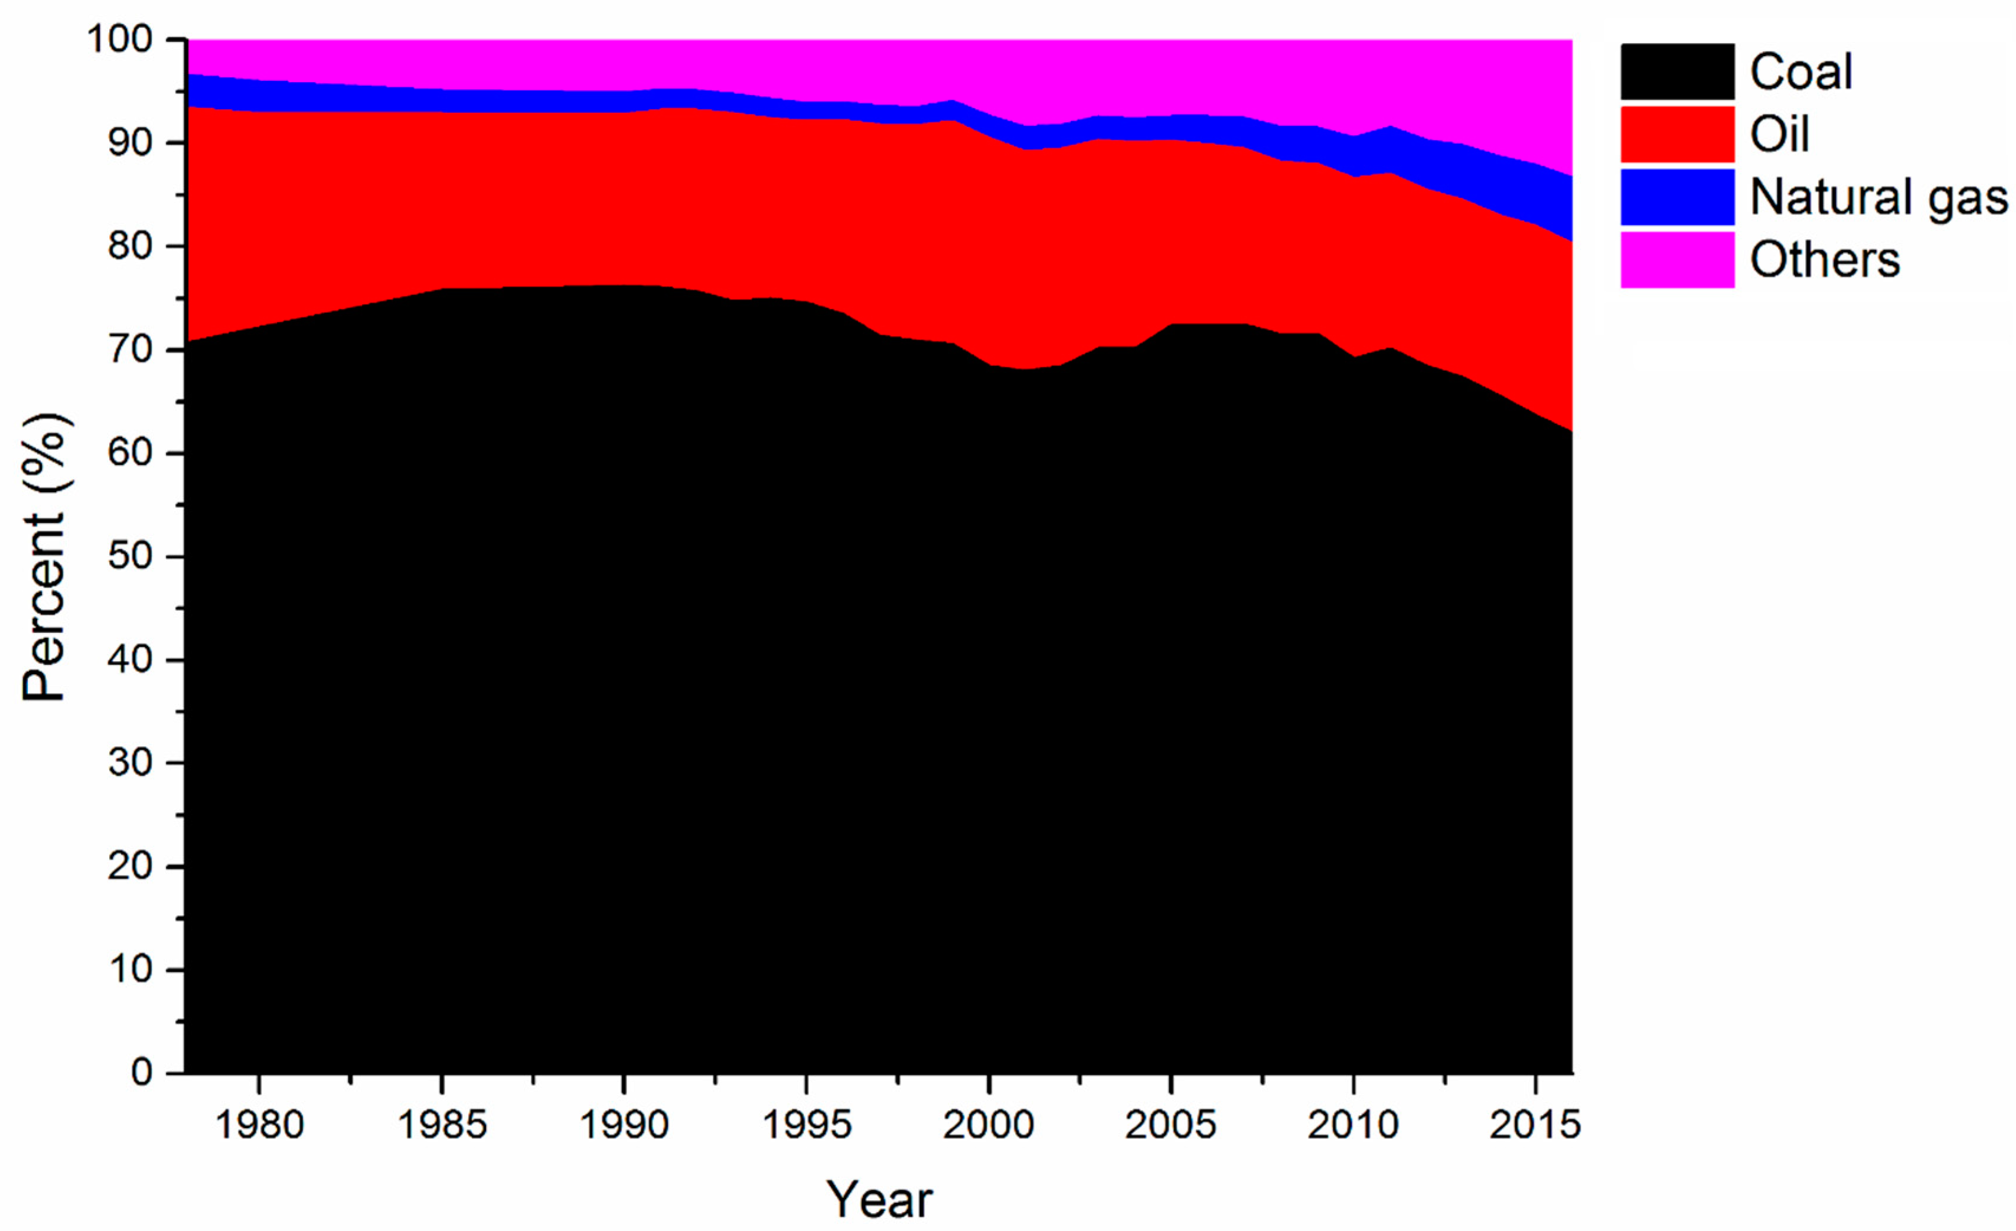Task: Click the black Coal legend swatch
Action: [1676, 72]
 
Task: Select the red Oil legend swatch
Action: [1676, 134]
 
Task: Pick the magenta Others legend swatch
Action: [1676, 259]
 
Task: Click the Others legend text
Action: [1825, 260]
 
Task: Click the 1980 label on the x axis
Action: [259, 1125]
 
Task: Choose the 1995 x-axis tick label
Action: [807, 1125]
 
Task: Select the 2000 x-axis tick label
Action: [989, 1125]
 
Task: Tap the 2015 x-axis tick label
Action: [1535, 1125]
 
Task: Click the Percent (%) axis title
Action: [44, 557]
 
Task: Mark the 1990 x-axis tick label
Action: [624, 1125]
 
